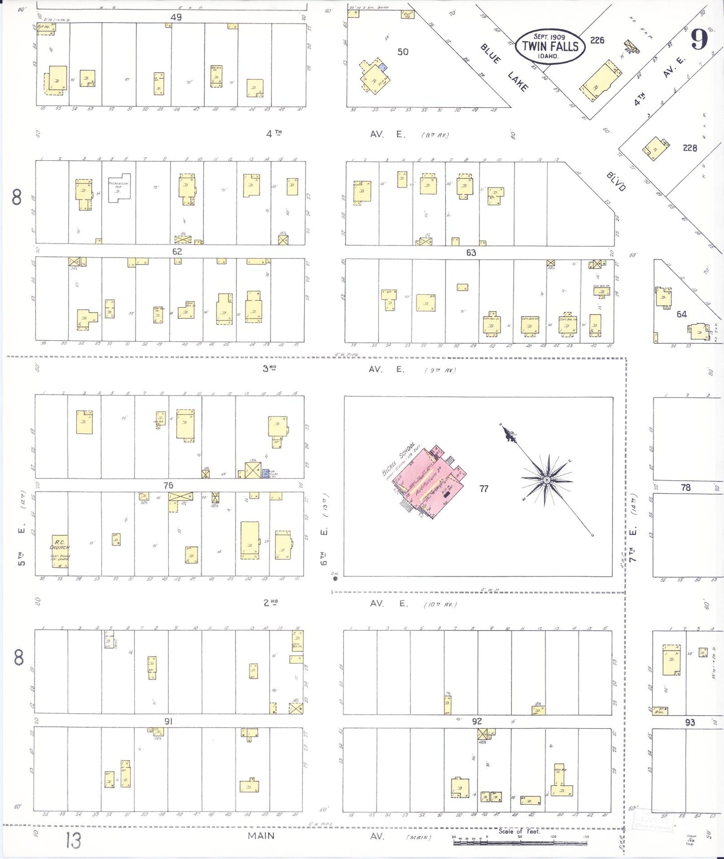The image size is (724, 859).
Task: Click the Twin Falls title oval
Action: click(550, 46)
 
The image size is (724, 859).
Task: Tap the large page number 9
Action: click(699, 39)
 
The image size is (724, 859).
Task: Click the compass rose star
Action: click(547, 480)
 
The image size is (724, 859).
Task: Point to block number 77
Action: click(484, 489)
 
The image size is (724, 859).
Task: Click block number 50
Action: click(403, 52)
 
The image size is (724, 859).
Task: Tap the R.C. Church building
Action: click(60, 551)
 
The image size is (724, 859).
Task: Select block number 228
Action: click(690, 148)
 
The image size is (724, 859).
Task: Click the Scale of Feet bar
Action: click(520, 843)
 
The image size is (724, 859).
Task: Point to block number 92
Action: click(476, 721)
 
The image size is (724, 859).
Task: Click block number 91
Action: click(169, 721)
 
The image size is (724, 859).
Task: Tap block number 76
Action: click(168, 485)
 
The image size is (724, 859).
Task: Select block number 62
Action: click(177, 252)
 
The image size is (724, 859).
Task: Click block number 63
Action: click(471, 253)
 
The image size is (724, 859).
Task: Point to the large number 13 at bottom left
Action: click(73, 840)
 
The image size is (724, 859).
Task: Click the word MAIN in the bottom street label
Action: click(261, 835)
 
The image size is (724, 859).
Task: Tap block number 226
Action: click(597, 40)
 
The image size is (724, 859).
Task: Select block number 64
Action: click(681, 314)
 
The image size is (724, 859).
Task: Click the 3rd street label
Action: click(270, 368)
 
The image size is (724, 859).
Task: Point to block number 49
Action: click(176, 17)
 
